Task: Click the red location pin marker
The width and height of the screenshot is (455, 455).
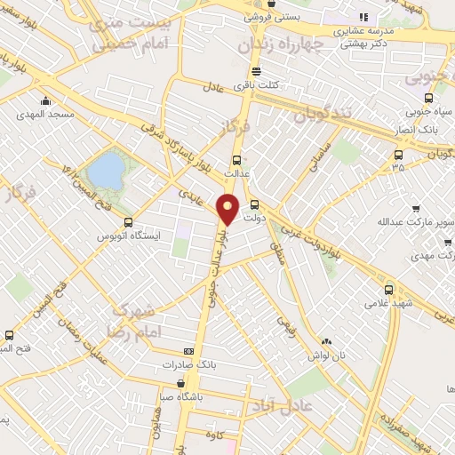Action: coord(228,209)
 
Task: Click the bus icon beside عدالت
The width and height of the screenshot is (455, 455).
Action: coord(235,161)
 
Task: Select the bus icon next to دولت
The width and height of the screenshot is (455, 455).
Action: coord(254,203)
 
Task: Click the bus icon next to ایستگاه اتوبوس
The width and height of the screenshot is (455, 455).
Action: coord(128,222)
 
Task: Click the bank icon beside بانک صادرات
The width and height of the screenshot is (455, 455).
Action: coord(188,351)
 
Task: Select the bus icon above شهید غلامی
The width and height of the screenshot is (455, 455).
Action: coord(387,289)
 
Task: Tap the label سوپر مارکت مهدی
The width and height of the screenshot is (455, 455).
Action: coord(431,256)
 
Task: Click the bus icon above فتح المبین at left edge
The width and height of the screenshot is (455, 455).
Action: coord(9,335)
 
